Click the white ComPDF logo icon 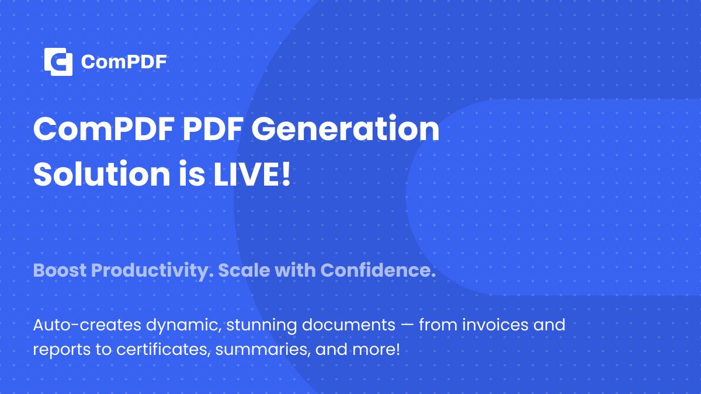[58, 62]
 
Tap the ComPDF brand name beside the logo [124, 62]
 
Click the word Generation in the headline [345, 130]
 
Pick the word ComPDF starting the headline [103, 130]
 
